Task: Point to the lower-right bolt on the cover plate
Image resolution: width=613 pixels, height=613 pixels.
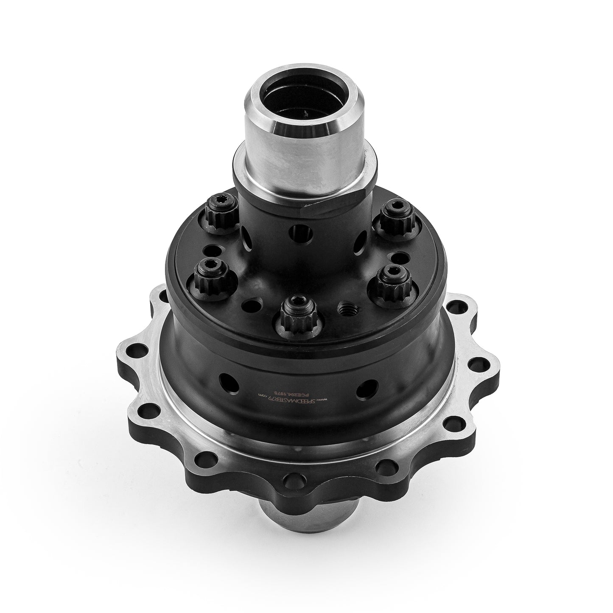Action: tap(391, 280)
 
